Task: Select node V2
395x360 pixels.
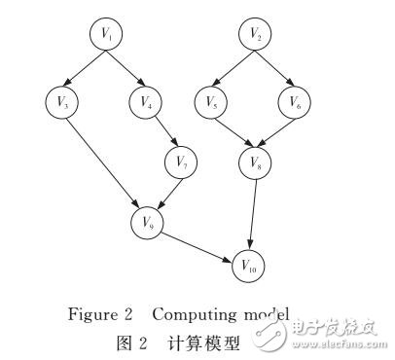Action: coord(255,35)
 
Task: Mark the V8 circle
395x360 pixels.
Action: coord(255,162)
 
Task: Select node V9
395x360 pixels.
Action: coord(147,222)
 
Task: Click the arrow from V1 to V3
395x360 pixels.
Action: coord(83,66)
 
